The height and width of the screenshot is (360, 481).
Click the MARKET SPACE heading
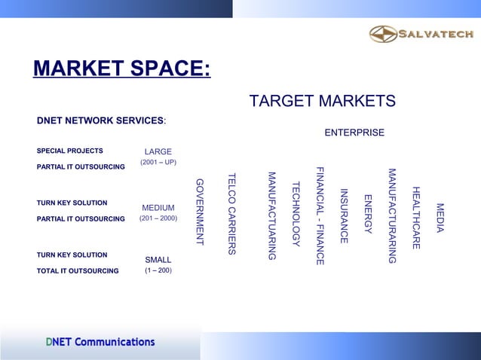(121, 69)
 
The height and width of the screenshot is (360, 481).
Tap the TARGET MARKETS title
(322, 102)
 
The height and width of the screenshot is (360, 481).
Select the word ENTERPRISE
(354, 133)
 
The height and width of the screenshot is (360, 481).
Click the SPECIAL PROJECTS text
(70, 151)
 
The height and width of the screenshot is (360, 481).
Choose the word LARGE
(158, 152)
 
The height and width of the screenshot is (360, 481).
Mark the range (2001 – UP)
(158, 163)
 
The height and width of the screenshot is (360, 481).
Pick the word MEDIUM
(158, 208)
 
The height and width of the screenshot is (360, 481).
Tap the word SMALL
(158, 260)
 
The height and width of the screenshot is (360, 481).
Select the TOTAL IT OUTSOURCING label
(78, 270)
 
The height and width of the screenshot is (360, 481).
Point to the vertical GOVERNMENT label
(200, 212)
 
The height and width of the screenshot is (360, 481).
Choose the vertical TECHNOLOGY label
(296, 214)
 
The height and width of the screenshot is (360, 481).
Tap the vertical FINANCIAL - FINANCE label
(320, 215)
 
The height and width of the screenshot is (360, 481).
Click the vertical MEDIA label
(440, 218)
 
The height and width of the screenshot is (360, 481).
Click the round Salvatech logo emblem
(382, 34)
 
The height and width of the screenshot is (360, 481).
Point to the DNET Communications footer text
(100, 342)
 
